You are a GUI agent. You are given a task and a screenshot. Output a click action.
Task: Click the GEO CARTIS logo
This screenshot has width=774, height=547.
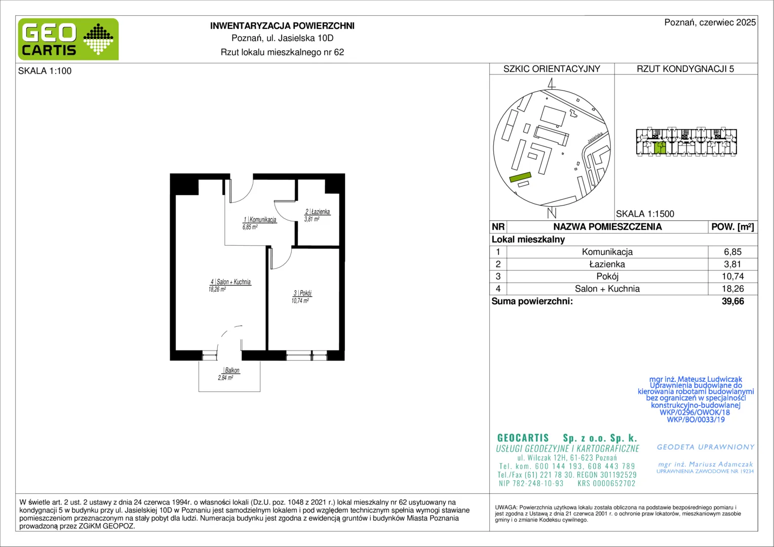click(68, 39)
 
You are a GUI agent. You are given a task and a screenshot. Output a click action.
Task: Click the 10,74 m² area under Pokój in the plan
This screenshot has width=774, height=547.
click(300, 301)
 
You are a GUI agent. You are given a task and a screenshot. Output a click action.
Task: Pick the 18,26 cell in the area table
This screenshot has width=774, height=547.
click(732, 289)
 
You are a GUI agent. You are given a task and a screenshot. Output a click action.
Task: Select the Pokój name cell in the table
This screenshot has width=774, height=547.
click(607, 277)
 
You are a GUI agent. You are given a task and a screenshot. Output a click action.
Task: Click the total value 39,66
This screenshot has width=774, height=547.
click(732, 301)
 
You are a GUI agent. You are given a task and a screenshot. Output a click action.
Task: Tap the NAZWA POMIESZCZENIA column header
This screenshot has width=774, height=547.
click(607, 227)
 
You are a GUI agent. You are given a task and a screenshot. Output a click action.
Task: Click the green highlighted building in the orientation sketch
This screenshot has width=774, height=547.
click(520, 177)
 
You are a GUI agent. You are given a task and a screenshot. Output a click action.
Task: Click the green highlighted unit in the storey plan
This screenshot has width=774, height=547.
click(660, 148)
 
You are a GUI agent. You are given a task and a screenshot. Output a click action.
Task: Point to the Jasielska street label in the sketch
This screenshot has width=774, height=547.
click(595, 138)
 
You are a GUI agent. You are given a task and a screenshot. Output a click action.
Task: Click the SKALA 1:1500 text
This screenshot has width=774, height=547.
click(645, 214)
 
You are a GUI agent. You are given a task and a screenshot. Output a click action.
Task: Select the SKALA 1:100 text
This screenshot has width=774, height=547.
click(45, 71)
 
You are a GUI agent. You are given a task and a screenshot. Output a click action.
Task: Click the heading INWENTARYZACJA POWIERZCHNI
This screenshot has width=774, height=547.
click(282, 26)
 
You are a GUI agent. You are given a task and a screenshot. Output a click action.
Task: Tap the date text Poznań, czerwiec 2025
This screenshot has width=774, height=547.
click(710, 22)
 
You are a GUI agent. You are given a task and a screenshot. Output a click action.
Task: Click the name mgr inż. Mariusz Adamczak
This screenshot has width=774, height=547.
click(705, 464)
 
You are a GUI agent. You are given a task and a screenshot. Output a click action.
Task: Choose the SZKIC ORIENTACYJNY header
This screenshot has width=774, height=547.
click(552, 69)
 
